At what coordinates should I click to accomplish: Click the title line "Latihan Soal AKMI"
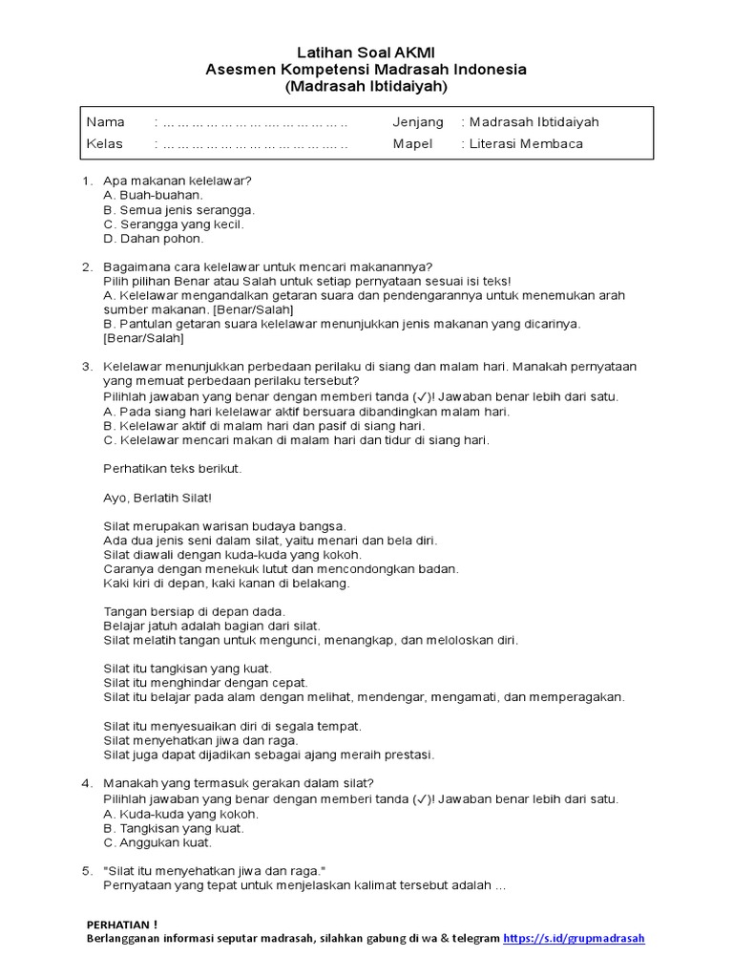click(366, 53)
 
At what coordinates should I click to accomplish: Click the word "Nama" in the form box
click(105, 122)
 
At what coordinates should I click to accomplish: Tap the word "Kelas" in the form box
click(105, 144)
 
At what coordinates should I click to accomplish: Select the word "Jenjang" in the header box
click(418, 122)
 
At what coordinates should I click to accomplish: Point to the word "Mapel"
click(412, 144)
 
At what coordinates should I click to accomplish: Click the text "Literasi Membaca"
click(526, 144)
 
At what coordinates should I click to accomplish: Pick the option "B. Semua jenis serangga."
click(178, 209)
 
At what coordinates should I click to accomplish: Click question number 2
click(86, 266)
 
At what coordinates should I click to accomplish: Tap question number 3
click(86, 367)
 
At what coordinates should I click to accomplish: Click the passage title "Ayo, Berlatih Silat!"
click(157, 498)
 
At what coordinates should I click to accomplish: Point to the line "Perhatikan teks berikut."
click(173, 468)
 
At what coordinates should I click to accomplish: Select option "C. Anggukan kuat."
click(157, 843)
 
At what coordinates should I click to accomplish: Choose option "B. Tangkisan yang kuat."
click(174, 829)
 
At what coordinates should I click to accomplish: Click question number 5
click(86, 871)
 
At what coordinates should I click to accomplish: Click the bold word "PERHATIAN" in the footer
click(117, 925)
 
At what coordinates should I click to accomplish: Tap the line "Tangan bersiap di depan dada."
click(194, 611)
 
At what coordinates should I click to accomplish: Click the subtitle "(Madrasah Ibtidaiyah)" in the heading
click(366, 86)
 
